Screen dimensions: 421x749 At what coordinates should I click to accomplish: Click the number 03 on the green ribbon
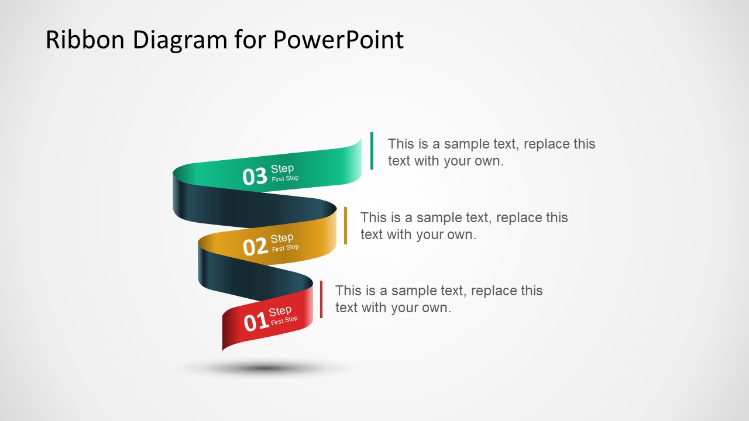255,177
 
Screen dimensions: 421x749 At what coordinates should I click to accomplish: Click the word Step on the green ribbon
282,169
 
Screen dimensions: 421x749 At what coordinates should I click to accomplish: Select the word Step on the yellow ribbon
282,239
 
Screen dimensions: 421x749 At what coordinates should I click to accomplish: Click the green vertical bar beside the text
372,151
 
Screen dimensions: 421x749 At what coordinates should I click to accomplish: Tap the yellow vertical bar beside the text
345,226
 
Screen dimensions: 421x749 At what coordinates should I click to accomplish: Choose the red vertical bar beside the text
321,299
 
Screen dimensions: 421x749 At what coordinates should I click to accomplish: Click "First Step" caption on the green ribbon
285,179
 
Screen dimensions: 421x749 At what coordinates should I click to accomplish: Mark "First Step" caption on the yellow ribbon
286,248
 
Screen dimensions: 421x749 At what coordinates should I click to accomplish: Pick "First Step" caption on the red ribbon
284,320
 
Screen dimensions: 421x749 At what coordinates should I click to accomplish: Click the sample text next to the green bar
491,152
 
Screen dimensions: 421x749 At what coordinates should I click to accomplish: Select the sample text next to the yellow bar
463,226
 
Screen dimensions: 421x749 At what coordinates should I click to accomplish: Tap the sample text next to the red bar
438,299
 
